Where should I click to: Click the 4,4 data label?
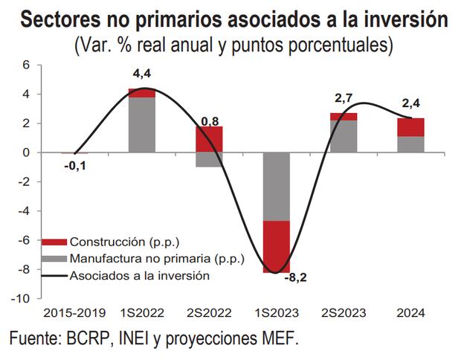point(142,75)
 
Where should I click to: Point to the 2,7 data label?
point(343,97)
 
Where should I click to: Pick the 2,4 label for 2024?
point(410,104)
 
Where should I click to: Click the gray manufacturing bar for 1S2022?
point(142,124)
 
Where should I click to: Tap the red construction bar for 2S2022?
point(209,139)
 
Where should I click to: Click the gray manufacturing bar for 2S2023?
point(343,136)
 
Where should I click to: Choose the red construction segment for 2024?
point(410,127)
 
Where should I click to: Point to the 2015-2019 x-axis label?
point(74,312)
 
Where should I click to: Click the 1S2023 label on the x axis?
point(276,312)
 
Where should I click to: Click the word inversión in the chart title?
point(404,20)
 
